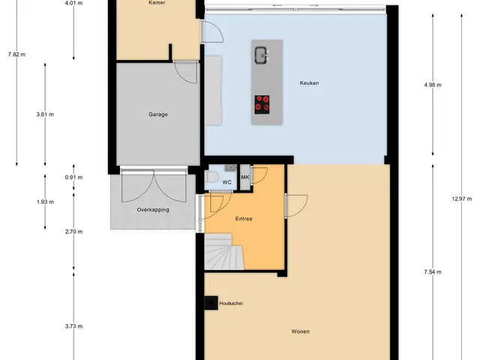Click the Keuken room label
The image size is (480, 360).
tap(309, 83)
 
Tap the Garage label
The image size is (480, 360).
tap(158, 115)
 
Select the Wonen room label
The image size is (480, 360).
tap(300, 331)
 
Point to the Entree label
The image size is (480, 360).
tap(244, 219)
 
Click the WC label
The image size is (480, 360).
tap(226, 182)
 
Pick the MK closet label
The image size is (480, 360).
tap(245, 177)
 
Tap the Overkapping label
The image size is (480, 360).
tap(153, 210)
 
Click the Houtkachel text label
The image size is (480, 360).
tap(231, 303)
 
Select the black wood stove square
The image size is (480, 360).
tap(211, 303)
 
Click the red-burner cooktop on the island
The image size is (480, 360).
tap(262, 104)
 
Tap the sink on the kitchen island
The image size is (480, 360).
tap(262, 55)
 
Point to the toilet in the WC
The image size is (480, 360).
tap(211, 177)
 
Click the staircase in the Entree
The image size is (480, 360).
tap(223, 252)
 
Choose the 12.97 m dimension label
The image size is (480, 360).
tap(462, 199)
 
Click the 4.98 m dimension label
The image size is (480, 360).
tap(433, 85)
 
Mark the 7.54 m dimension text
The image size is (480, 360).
tap(433, 271)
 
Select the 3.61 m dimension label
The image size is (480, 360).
tap(45, 115)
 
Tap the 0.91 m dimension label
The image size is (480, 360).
tap(73, 178)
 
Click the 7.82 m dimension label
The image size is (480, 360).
tap(16, 55)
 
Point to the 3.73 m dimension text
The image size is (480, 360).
tap(73, 326)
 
